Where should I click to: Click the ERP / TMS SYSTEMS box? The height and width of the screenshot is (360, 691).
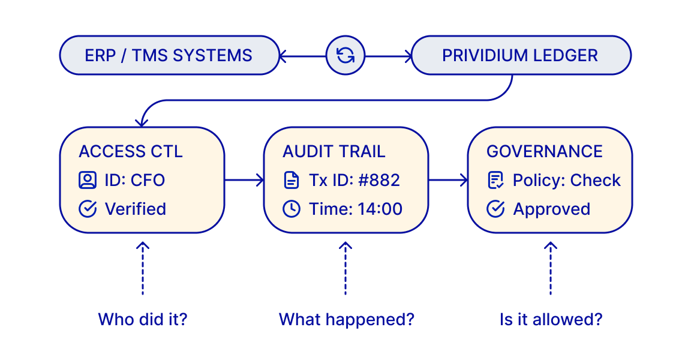coord(169,56)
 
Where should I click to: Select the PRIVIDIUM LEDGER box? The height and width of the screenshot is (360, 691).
coord(520,56)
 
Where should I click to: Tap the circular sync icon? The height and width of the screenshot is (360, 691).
coord(345,56)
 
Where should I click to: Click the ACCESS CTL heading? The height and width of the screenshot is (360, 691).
coord(130,151)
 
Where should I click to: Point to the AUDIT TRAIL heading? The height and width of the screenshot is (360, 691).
coord(334,151)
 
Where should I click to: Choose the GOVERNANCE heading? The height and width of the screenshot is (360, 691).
coord(544,151)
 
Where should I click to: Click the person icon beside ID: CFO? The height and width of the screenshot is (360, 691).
coord(88,180)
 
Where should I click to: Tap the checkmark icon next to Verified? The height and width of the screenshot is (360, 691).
coord(88,209)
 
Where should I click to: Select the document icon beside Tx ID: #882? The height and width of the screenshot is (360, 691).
coord(292,180)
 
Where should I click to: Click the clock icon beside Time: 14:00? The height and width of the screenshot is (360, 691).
coord(292,209)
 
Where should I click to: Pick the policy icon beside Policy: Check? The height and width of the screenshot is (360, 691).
coord(495,180)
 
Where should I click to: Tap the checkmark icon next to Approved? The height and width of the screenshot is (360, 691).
coord(495,209)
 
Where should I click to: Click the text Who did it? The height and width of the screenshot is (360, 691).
coord(143,319)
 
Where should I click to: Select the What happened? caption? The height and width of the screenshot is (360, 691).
coord(346,319)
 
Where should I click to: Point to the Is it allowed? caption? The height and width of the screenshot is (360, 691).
coord(550,319)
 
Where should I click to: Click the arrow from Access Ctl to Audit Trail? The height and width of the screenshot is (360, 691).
coord(244,179)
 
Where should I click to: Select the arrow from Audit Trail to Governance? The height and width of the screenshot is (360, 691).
coord(448,179)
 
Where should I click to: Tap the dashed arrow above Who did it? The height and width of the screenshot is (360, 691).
coord(143,268)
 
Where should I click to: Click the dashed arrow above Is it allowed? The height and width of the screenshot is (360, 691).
coord(550,268)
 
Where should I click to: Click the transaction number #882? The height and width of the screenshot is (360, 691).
coord(380,180)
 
